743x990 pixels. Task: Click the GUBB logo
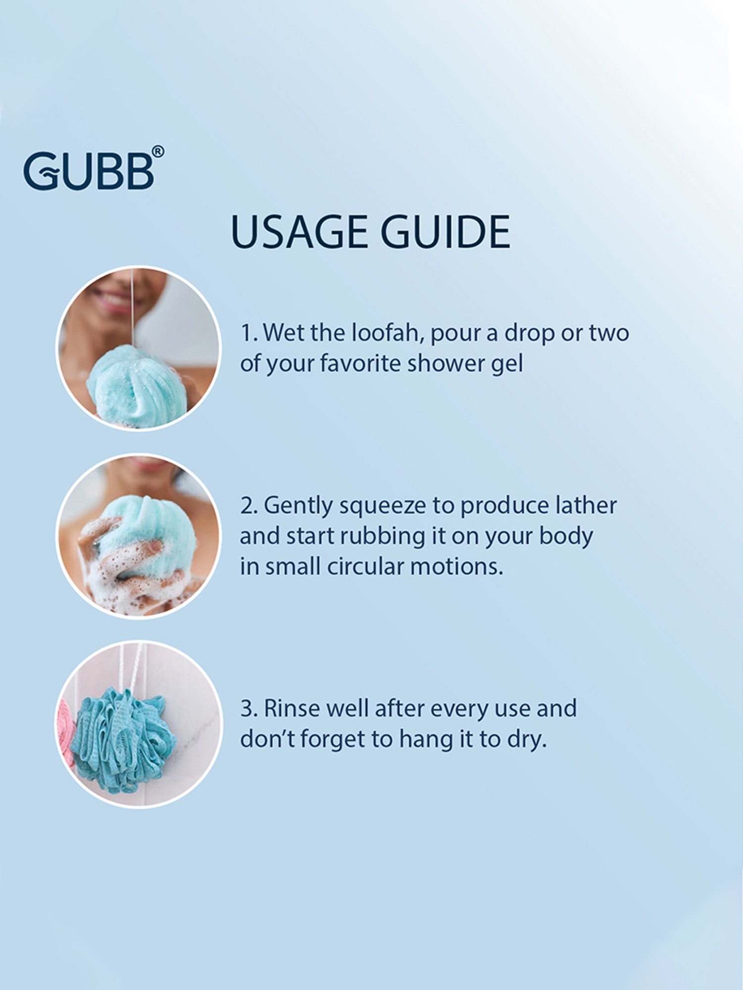point(89,171)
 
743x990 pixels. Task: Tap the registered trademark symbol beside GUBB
point(158,151)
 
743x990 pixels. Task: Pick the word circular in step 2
point(366,567)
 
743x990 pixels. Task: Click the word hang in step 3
point(427,740)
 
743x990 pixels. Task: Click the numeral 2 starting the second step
point(247,506)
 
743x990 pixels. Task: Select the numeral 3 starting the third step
point(247,709)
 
